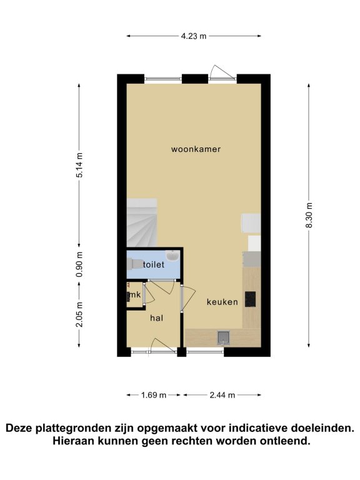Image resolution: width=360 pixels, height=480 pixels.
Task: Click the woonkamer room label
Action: coord(196,149)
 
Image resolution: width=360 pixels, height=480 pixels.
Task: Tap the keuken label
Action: coord(222,302)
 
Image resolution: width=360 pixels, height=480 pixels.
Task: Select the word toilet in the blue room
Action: coord(154,264)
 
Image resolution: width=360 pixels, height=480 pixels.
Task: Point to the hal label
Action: coord(156,318)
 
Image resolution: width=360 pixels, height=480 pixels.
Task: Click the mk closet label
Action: coord(135,294)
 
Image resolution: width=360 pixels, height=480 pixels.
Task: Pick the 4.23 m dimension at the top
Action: coord(194,36)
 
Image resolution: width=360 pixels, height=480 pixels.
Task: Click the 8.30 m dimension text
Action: coord(309,215)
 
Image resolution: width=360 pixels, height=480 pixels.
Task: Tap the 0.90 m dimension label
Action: coord(79,264)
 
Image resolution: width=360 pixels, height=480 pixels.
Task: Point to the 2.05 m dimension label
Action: coord(79,314)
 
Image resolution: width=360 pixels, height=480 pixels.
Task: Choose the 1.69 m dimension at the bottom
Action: coord(154,395)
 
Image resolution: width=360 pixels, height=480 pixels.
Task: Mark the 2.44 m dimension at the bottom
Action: coord(222,395)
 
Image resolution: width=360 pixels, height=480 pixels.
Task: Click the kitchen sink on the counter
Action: coord(224,337)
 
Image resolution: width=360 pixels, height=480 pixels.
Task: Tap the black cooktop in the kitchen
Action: coord(250,299)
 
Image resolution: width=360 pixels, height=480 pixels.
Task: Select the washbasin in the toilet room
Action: coord(172,256)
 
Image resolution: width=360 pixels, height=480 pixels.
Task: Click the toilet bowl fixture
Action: coord(135,264)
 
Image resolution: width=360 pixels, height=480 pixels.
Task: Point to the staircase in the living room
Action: coord(142,222)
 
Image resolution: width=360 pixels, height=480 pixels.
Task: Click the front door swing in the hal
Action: coord(163,345)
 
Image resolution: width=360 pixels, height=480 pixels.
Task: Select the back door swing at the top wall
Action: coord(222,72)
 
